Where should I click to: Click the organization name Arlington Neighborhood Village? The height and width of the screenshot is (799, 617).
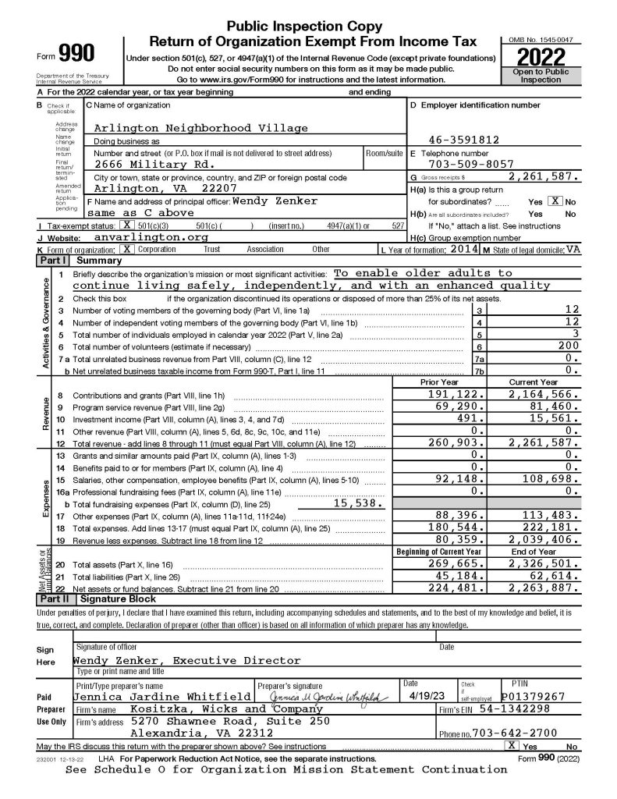(x=200, y=128)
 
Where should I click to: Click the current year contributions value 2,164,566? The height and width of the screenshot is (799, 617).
(x=543, y=396)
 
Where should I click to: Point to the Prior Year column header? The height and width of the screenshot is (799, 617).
(x=439, y=382)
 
